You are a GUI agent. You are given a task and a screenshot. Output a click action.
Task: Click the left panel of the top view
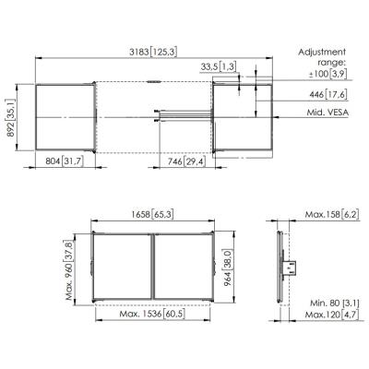tap(65, 115)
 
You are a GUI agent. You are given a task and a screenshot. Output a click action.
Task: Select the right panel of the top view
tap(243, 116)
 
